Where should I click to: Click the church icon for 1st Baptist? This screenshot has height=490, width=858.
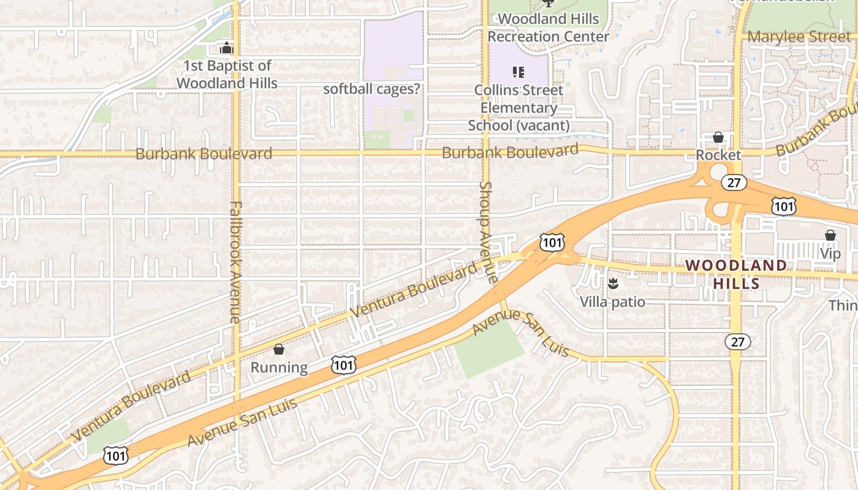227,48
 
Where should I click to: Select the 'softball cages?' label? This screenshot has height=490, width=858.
372,89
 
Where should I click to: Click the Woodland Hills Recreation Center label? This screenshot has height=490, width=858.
548,28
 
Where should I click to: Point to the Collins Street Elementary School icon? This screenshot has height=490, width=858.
518,72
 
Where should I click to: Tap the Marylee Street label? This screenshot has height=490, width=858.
799,36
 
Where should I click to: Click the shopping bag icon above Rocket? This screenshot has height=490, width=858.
718,137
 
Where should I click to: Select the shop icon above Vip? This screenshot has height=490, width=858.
830,235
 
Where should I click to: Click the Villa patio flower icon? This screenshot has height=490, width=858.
612,283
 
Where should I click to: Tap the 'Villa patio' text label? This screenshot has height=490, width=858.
612,302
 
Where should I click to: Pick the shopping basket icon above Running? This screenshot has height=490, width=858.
279,350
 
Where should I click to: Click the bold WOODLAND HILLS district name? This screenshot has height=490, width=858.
736,274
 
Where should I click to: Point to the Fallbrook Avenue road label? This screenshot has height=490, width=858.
235,262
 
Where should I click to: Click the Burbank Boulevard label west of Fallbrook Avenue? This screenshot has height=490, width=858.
203,153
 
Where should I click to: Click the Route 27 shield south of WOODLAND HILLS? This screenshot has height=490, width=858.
737,341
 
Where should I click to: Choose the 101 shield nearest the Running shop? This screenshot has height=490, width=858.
343,364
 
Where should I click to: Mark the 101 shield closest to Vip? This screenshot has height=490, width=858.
784,206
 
